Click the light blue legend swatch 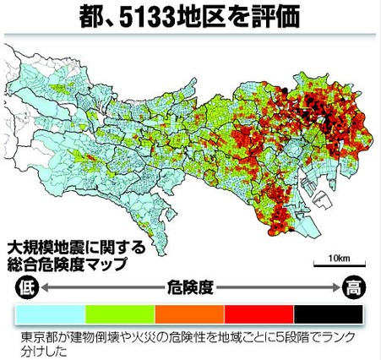point(51,314)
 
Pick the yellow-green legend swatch point(121,314)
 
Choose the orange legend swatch point(191,314)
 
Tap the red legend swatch point(259,314)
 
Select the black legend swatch point(329,314)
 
